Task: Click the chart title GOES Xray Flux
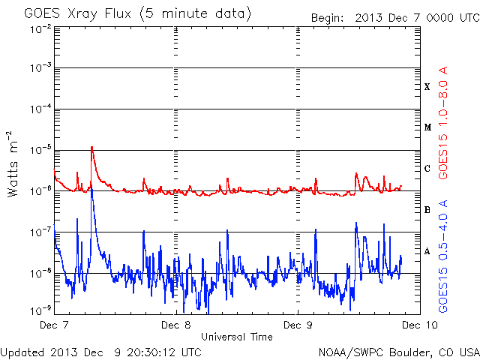coord(77,14)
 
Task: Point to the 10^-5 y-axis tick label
coord(41,150)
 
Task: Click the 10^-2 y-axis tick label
coord(41,30)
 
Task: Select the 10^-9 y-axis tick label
coord(41,311)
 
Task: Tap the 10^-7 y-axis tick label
coord(41,232)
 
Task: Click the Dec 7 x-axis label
coord(54,325)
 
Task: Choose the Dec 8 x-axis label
coord(175,325)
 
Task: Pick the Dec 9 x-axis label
coord(298,325)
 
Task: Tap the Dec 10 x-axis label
coord(420,325)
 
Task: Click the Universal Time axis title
coord(237,337)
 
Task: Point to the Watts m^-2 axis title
coord(13,164)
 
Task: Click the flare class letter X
coord(427,87)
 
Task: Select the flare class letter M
coord(427,127)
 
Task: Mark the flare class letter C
coord(427,168)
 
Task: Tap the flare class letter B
coord(427,210)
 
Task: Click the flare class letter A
coord(427,251)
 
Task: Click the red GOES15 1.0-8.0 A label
coord(443,123)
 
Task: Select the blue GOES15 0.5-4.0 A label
coord(443,256)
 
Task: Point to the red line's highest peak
coord(91,147)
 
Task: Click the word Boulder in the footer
coord(408,352)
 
